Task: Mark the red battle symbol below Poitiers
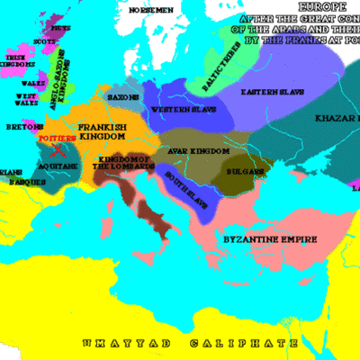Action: pyautogui.click(x=57, y=152)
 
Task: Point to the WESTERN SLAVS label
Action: pyautogui.click(x=178, y=109)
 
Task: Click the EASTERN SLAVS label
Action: pyautogui.click(x=269, y=91)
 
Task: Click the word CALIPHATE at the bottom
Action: pyautogui.click(x=230, y=344)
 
